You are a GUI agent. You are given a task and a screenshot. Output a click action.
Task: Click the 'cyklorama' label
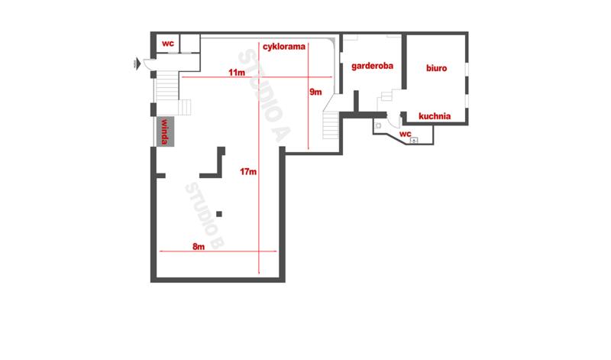[x=283, y=47]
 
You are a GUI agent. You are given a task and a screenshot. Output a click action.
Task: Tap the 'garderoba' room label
[x=372, y=66]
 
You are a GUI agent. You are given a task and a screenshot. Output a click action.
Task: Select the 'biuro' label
[x=436, y=68]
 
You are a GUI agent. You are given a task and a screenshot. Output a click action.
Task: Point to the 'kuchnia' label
[x=435, y=116]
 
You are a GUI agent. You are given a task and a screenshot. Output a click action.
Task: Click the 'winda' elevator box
[x=165, y=131]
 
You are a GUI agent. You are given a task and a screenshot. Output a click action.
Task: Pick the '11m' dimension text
[x=237, y=73]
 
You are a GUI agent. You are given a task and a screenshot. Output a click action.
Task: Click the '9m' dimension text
[x=315, y=92]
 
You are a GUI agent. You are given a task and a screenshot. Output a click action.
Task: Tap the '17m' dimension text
[x=248, y=172]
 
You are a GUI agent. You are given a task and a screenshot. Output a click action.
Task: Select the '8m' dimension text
[x=199, y=247]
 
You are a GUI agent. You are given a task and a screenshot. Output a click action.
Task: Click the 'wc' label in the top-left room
[x=168, y=44]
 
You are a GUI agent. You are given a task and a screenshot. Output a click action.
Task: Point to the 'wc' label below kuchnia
[x=406, y=134]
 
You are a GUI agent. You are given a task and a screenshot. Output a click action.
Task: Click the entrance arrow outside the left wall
[x=137, y=63]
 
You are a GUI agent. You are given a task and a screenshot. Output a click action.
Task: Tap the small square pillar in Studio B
[x=219, y=214]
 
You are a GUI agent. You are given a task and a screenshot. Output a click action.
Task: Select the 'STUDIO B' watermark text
[x=205, y=216]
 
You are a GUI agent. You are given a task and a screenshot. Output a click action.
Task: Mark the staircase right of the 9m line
[x=331, y=125]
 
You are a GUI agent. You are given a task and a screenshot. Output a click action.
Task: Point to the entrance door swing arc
[x=148, y=64]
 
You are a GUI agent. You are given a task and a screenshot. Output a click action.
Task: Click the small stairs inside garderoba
[x=386, y=96]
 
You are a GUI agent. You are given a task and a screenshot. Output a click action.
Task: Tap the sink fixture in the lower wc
[x=414, y=140]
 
